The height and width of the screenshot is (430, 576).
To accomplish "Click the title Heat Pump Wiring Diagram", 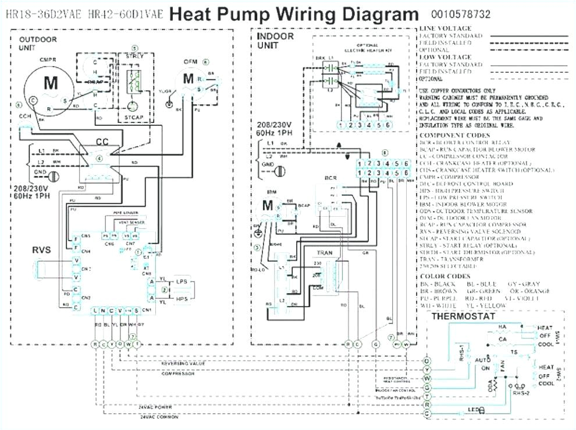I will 293,13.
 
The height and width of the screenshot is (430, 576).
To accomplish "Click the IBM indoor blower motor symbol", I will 268,206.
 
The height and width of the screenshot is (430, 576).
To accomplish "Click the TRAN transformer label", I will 325,252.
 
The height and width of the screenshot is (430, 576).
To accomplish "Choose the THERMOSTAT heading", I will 463,316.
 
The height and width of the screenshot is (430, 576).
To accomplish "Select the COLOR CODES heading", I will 445,276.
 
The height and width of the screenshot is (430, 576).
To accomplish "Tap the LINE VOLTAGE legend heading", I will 446,29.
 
